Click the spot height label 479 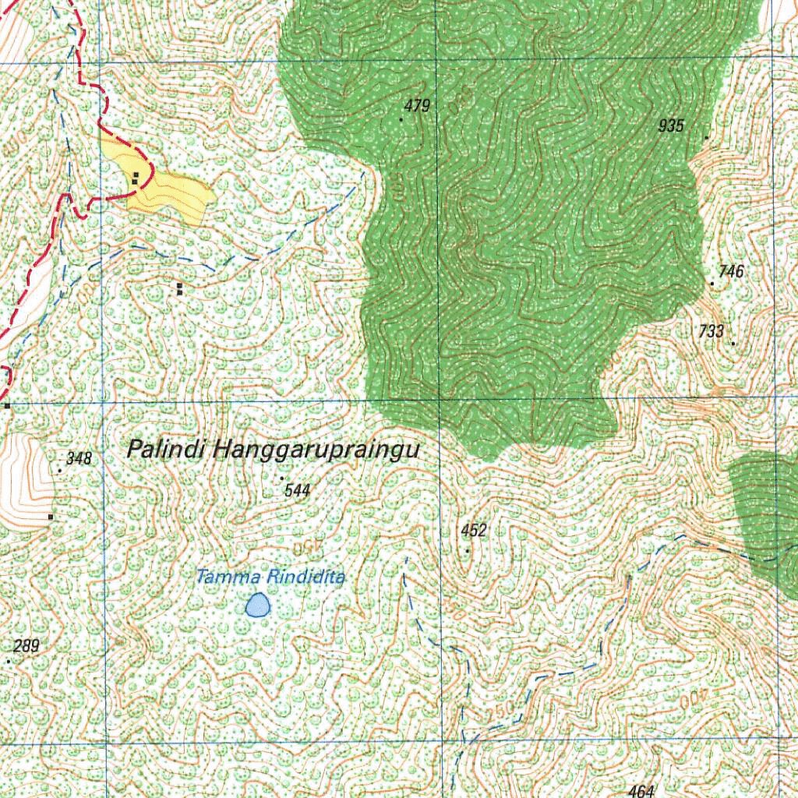pos(418,106)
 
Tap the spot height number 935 pos(671,125)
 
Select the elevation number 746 pos(732,271)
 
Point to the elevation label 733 pos(711,331)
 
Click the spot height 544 pos(298,490)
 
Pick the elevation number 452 pos(474,531)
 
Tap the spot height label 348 pos(79,459)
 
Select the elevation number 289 pos(26,646)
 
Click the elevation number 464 pos(641,791)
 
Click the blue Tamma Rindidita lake pos(257,605)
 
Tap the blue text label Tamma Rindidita pos(270,577)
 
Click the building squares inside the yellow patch pos(136,178)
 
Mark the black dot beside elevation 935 pos(707,138)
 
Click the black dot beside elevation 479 pos(401,119)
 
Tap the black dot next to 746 pos(712,284)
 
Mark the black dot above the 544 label pos(281,478)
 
